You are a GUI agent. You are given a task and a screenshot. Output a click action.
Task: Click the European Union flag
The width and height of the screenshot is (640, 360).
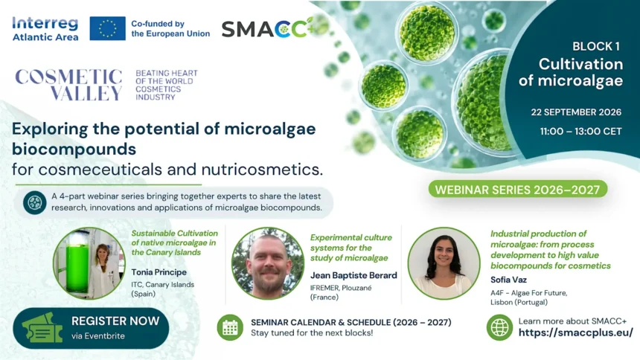(x=107, y=28)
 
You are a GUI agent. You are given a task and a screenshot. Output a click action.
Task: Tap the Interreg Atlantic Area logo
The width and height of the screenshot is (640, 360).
(x=45, y=29)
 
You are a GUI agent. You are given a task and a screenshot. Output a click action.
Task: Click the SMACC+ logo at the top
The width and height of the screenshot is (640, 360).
(x=268, y=28)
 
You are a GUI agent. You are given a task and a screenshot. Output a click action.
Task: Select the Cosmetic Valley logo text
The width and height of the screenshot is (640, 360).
(x=68, y=85)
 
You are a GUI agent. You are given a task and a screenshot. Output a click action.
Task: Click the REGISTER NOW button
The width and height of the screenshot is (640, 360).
(x=91, y=328)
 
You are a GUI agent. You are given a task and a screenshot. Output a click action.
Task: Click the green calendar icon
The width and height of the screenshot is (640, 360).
(x=230, y=327)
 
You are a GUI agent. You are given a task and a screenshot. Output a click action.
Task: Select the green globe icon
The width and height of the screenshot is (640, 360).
(x=499, y=327)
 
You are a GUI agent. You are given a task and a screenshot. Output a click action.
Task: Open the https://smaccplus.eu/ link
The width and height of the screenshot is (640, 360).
(x=575, y=332)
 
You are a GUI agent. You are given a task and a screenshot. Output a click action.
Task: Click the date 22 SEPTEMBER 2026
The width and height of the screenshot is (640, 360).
(x=576, y=112)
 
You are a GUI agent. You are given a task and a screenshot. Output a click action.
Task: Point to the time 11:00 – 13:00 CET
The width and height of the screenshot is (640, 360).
(x=580, y=132)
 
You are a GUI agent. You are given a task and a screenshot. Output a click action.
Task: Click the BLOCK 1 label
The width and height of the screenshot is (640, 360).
(x=596, y=47)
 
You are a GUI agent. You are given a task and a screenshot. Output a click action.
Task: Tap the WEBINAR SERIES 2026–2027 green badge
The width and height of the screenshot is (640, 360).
(x=517, y=190)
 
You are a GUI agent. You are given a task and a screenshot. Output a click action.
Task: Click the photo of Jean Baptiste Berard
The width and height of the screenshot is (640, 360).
(x=268, y=263)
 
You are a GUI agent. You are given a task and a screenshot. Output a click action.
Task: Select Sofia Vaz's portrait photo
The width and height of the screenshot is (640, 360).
(x=444, y=263)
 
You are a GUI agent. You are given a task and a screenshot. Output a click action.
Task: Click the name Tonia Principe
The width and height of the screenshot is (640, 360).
(x=159, y=272)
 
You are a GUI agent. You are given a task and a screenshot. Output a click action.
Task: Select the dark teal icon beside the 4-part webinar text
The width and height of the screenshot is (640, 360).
(x=35, y=202)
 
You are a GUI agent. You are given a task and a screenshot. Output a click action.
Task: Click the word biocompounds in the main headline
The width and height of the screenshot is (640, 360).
(x=74, y=149)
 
